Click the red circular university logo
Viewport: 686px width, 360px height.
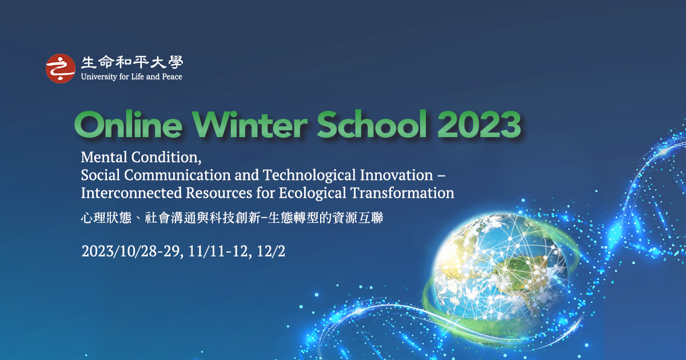pos(61,69)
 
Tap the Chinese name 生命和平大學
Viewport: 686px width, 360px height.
pos(132,62)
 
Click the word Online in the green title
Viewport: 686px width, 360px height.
pos(128,125)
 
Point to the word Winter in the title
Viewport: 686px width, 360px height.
pos(250,125)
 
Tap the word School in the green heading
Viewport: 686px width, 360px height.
pos(372,125)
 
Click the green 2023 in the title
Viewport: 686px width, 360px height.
pos(479,125)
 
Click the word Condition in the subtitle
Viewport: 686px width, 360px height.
pos(166,158)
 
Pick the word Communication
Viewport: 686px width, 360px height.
pos(177,175)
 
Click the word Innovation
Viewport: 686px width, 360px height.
pos(396,175)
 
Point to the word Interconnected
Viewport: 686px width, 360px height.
pos(131,193)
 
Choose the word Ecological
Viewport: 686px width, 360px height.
pos(312,194)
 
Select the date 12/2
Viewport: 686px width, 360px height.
pos(271,251)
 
